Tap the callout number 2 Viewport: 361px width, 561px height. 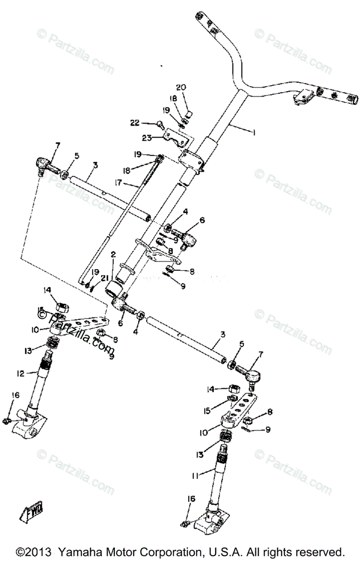[x=113, y=255]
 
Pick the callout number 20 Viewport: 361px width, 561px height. [x=181, y=88]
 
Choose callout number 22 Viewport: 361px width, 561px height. [x=135, y=122]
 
